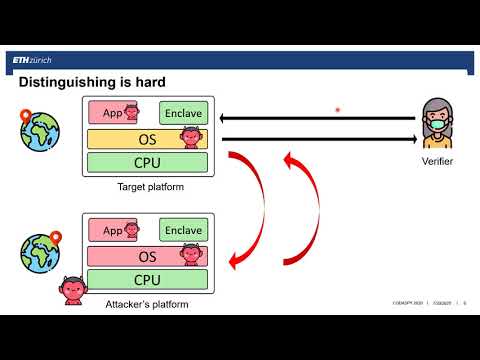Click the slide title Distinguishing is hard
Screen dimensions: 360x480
tap(92, 81)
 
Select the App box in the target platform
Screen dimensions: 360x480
tap(112, 113)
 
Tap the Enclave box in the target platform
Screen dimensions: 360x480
tap(183, 113)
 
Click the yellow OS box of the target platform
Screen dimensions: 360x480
tap(147, 138)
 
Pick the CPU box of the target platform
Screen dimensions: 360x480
tap(147, 162)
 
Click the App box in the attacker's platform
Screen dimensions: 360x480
tap(112, 230)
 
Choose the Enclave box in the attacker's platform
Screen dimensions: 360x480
tap(183, 230)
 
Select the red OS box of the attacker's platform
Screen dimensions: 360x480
tap(147, 256)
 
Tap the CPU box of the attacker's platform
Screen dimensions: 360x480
tap(147, 279)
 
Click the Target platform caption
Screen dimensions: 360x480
tap(150, 187)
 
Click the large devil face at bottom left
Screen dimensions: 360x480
tap(71, 290)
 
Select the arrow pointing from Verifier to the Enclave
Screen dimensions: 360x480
tap(316, 119)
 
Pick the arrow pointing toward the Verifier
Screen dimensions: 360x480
tap(316, 139)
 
